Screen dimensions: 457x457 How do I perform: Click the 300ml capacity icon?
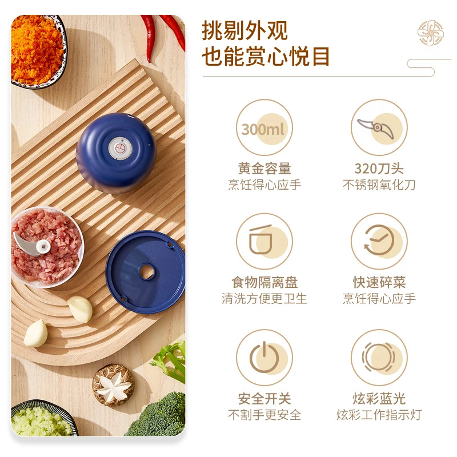pyautogui.click(x=264, y=127)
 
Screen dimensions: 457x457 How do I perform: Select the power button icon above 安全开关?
pyautogui.click(x=264, y=358)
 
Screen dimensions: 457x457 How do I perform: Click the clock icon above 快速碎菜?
pyautogui.click(x=379, y=241)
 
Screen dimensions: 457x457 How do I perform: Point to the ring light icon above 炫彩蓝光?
pyautogui.click(x=379, y=358)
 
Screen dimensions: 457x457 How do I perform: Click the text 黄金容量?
pyautogui.click(x=264, y=169)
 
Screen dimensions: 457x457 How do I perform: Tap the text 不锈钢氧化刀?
pyautogui.click(x=379, y=185)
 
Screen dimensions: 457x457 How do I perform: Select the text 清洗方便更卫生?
pyautogui.click(x=264, y=298)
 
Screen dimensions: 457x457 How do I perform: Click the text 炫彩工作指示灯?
pyautogui.click(x=379, y=415)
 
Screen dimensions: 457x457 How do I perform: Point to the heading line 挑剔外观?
pyautogui.click(x=244, y=30)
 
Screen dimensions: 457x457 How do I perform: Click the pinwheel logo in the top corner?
pyautogui.click(x=431, y=33)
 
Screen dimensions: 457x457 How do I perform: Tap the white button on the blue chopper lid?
pyautogui.click(x=120, y=149)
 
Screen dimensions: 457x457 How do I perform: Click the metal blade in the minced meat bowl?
pyautogui.click(x=31, y=244)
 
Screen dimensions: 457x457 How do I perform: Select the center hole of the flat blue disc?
pyautogui.click(x=147, y=272)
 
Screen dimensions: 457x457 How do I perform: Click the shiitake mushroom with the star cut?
pyautogui.click(x=113, y=384)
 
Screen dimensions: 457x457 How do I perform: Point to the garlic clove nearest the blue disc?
pyautogui.click(x=80, y=309)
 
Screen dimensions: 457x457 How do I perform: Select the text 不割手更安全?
pyautogui.click(x=264, y=415)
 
